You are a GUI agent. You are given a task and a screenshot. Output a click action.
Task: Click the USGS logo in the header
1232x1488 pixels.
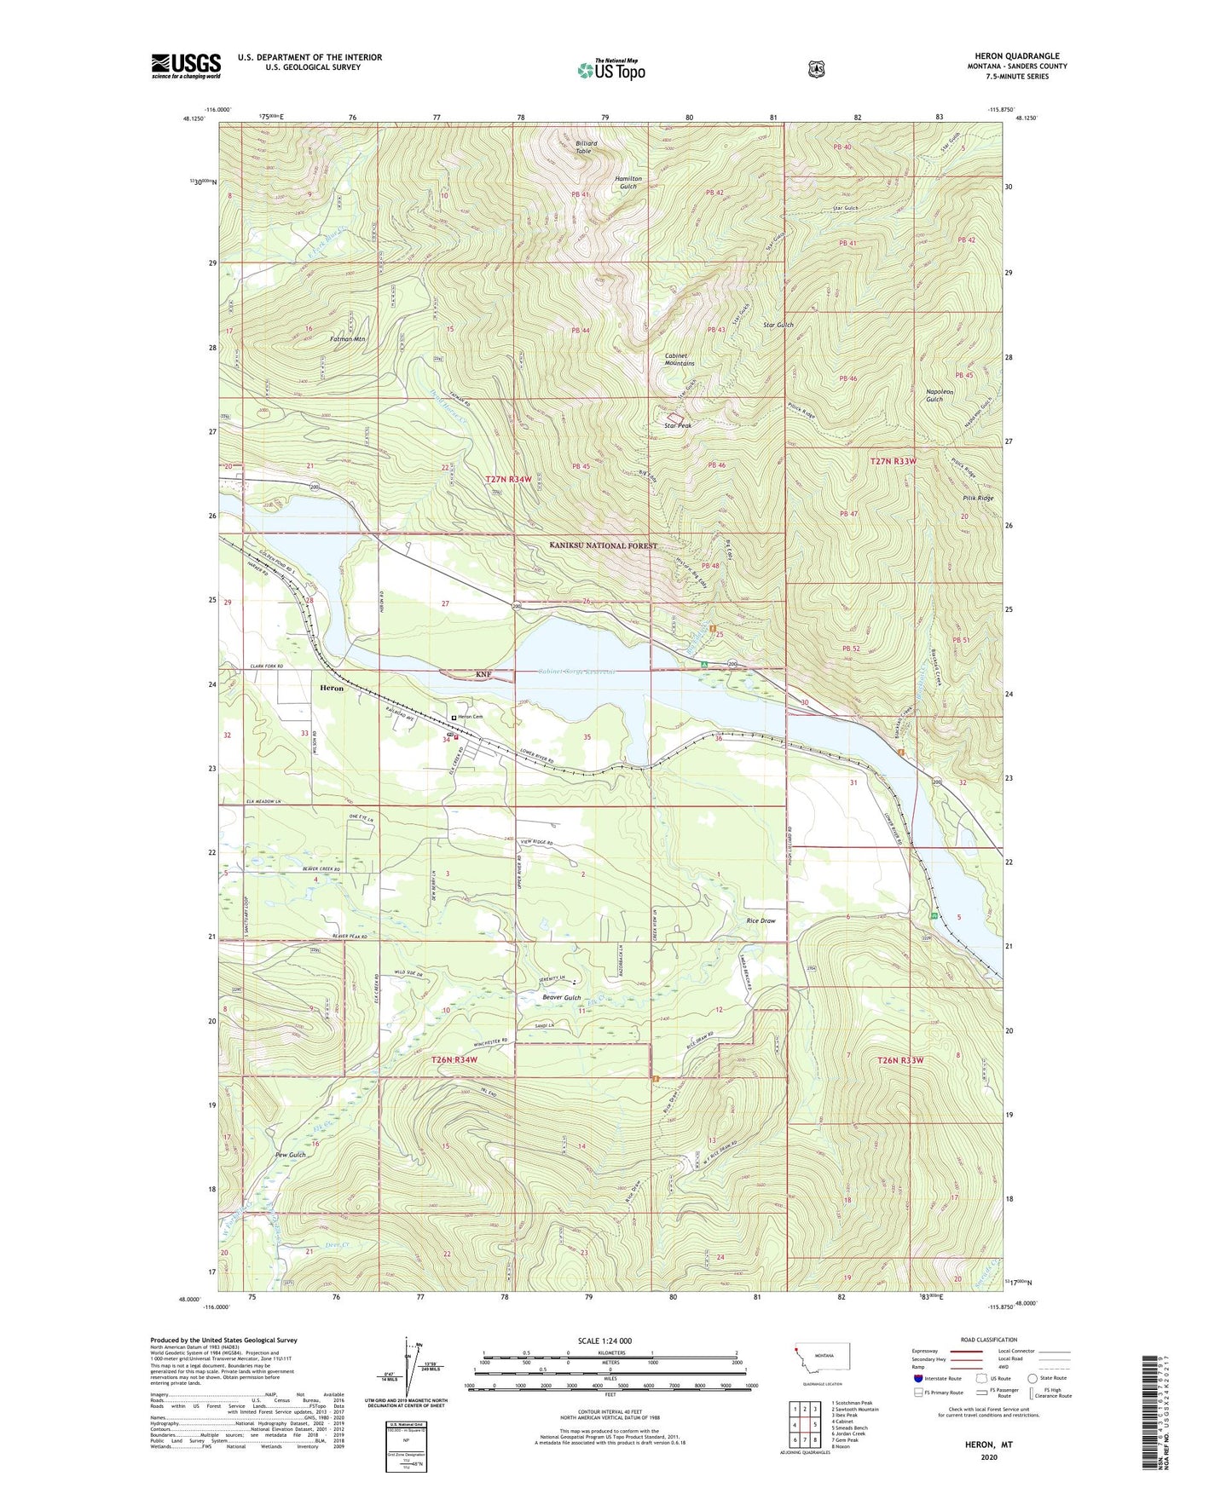point(186,66)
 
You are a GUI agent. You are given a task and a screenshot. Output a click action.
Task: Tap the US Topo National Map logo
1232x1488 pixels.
point(610,70)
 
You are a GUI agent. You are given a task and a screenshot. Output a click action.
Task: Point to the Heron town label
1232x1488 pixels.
point(331,688)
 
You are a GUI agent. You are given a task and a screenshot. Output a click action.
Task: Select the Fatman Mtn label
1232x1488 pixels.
point(347,339)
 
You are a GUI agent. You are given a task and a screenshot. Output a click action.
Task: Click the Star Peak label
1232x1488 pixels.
point(678,425)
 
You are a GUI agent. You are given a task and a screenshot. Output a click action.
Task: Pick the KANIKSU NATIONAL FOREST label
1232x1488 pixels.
point(603,545)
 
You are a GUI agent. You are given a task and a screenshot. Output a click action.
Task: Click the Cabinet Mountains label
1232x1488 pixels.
point(680,360)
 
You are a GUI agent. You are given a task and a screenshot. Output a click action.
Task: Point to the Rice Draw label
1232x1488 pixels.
point(761,920)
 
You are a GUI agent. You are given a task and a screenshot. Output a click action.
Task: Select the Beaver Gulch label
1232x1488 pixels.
point(561,997)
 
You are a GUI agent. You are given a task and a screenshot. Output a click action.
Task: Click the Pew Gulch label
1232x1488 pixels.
point(290,1155)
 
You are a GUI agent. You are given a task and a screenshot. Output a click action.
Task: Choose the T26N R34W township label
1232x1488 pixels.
point(454,1059)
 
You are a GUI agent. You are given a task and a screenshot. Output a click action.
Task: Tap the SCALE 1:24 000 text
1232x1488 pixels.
point(604,1341)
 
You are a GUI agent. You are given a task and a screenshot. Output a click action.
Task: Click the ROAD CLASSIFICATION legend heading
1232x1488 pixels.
point(988,1340)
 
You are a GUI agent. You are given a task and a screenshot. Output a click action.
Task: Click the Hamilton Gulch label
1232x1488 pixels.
point(628,182)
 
